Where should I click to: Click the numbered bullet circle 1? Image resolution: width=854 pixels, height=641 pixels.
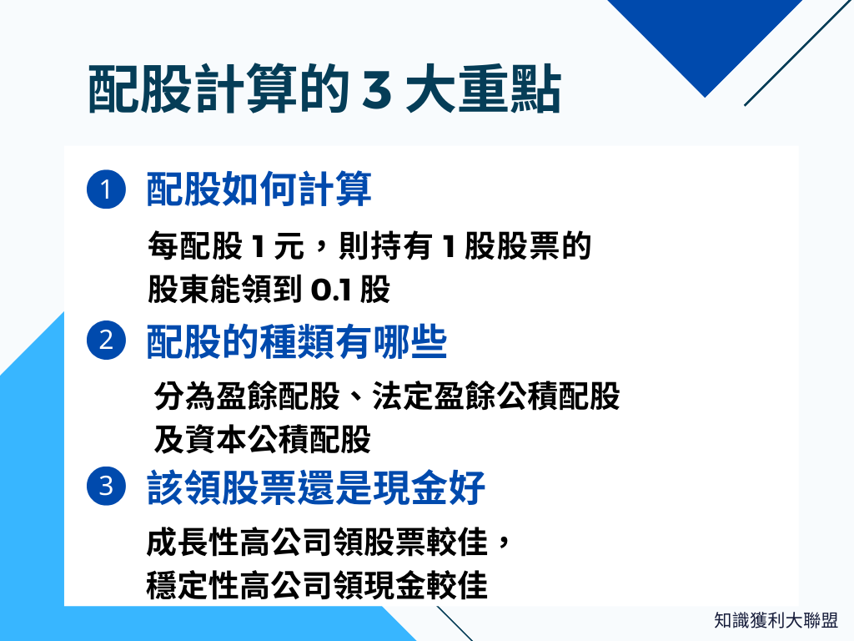coord(105,189)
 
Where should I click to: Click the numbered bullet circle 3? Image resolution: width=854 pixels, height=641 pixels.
coord(105,487)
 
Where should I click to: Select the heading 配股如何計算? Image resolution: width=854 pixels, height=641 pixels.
coord(259,190)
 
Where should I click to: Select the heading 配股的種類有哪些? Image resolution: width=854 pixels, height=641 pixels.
coord(297,342)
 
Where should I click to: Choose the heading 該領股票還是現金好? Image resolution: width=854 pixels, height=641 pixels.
coord(316,488)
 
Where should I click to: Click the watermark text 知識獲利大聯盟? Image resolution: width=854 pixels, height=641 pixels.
coord(776,621)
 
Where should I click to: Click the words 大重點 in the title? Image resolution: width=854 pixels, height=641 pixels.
coord(483,92)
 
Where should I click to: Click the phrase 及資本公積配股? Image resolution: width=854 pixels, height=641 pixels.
coord(262,438)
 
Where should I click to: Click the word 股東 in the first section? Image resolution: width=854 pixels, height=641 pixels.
coord(174,290)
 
